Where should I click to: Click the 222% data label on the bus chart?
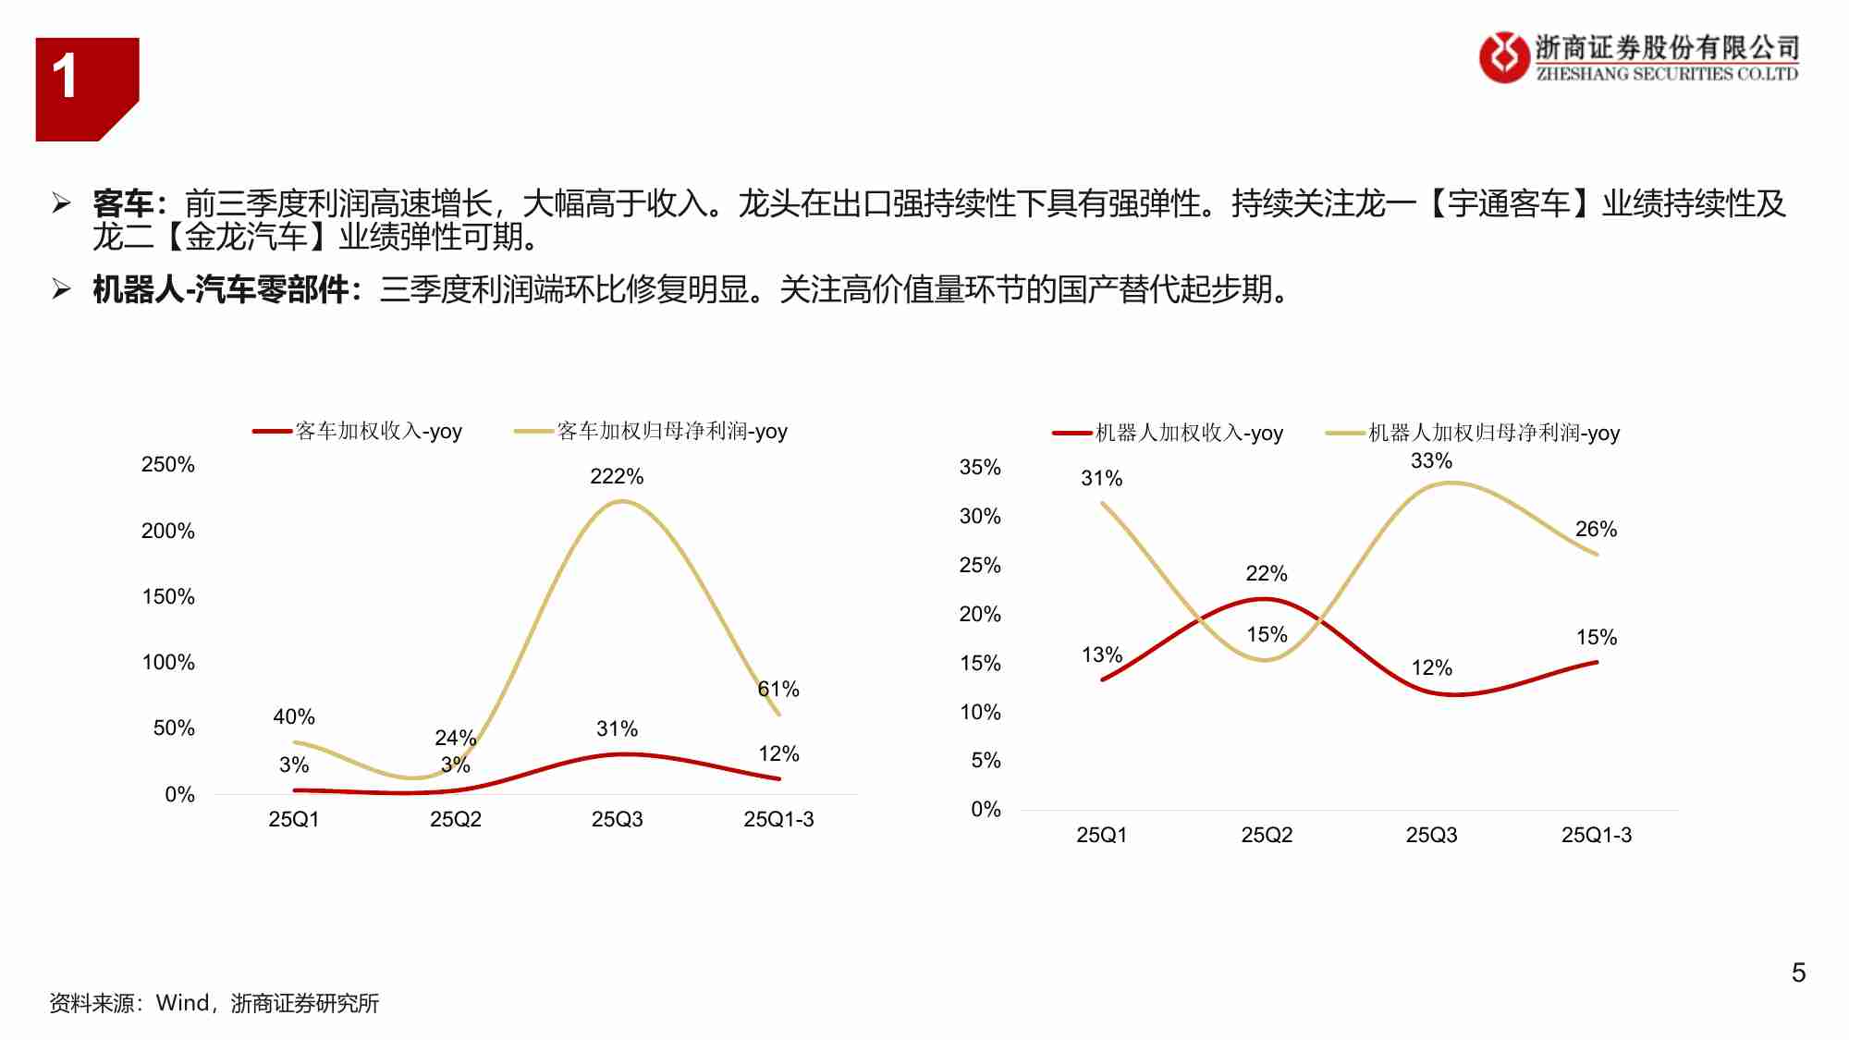tap(617, 476)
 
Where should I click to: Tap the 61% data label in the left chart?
tap(778, 689)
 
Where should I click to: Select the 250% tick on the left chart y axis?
tap(167, 464)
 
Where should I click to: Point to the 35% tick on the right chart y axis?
tap(980, 467)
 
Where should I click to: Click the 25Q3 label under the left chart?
tap(617, 819)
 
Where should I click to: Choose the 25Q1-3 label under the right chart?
tap(1596, 835)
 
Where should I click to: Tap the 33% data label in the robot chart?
tap(1431, 460)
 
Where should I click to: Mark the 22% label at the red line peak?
tap(1266, 573)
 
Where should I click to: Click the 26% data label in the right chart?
tap(1596, 529)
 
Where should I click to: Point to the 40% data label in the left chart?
tap(294, 716)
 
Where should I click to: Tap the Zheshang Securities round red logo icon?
tap(1503, 57)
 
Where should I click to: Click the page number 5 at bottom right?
tap(1798, 973)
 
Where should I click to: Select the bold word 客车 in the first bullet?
tap(123, 203)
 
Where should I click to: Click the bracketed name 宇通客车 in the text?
tap(1509, 203)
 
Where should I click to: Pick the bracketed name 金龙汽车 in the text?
tap(246, 238)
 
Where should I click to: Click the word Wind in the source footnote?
tap(182, 1003)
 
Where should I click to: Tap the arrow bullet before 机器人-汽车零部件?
tap(62, 289)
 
